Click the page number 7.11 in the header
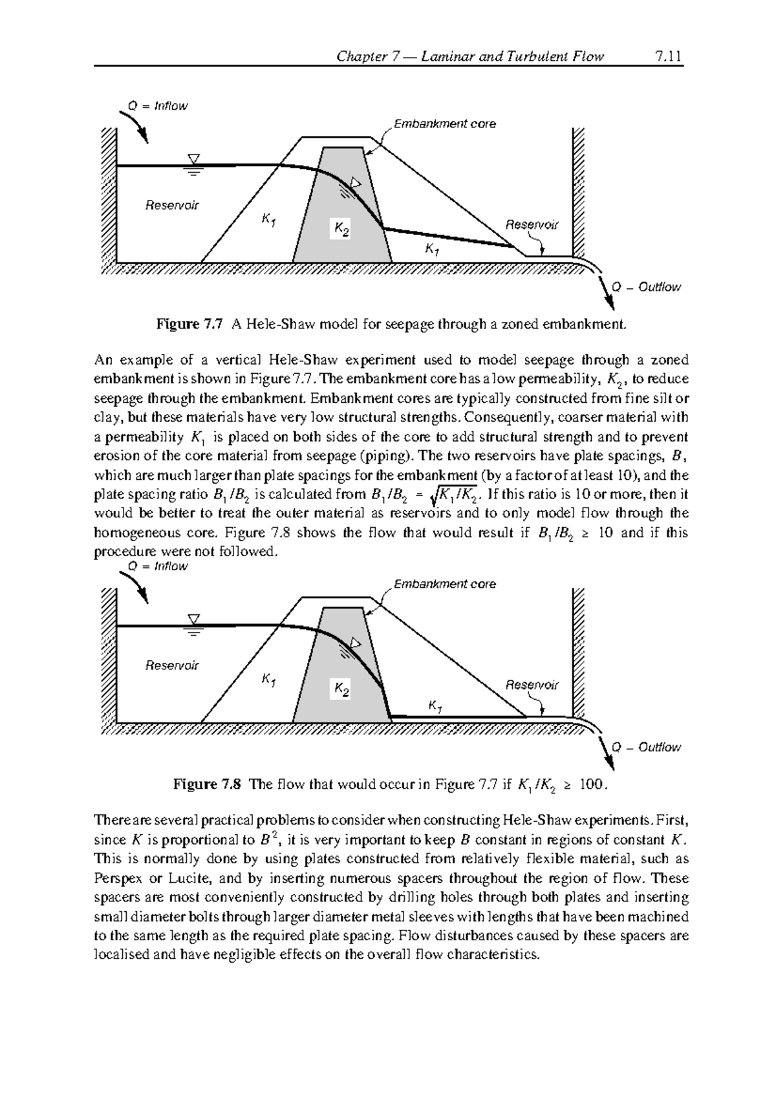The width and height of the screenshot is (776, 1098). [668, 56]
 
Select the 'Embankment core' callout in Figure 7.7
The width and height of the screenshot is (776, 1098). [445, 124]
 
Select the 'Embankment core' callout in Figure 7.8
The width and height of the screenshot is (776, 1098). [445, 584]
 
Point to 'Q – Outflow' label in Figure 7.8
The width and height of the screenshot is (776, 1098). [646, 747]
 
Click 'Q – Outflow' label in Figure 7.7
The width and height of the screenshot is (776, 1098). [646, 286]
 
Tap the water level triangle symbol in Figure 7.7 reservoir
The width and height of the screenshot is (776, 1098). [193, 158]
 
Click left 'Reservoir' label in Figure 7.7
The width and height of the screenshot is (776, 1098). [171, 205]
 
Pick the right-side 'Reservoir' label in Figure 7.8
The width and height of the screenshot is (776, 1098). [532, 685]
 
